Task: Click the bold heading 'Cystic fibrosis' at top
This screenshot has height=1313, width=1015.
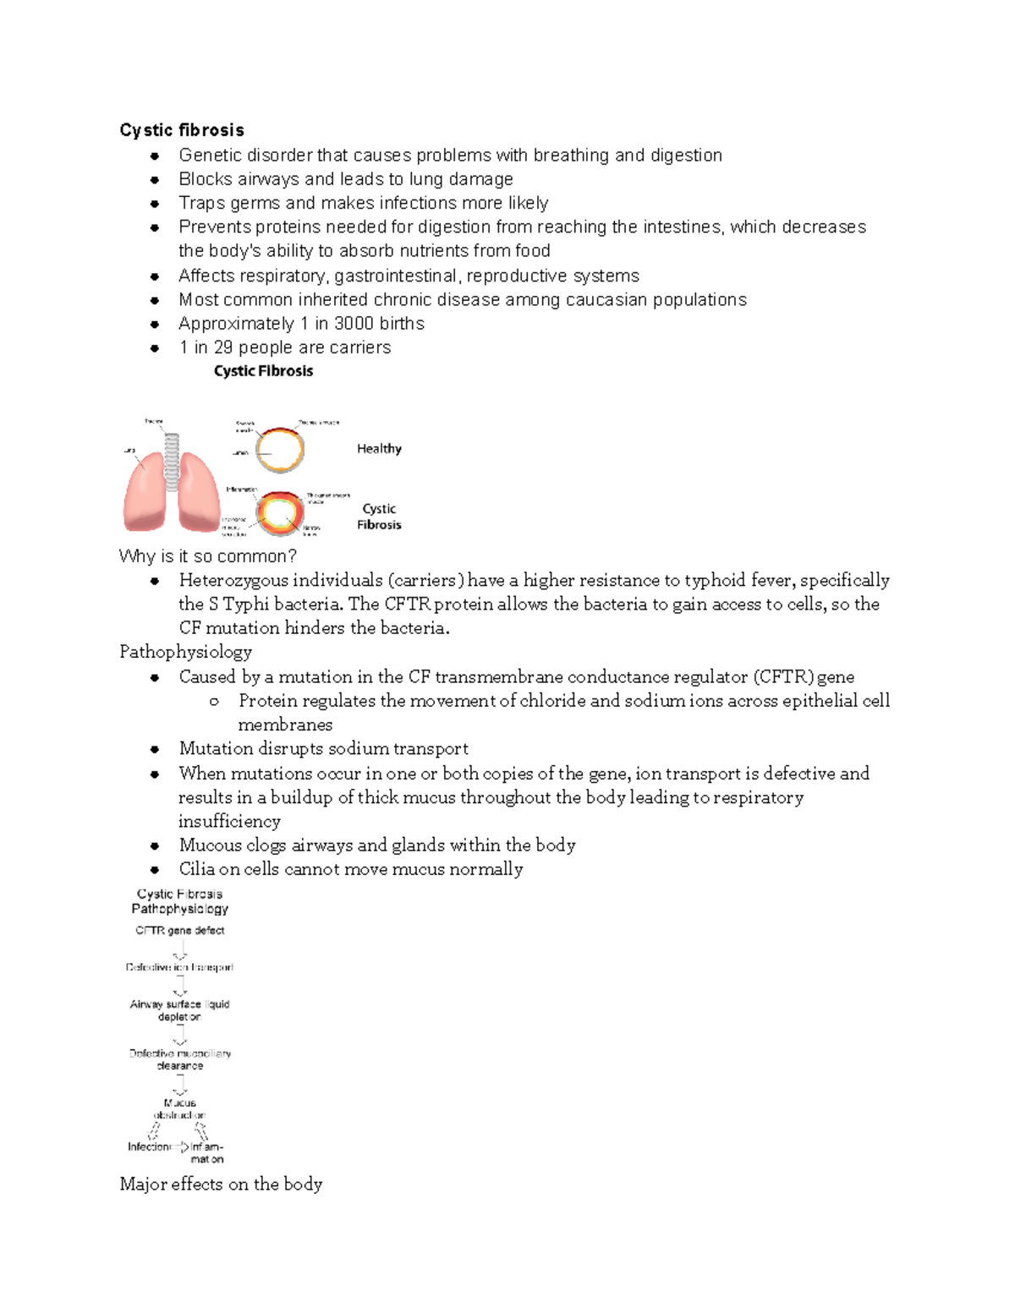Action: (182, 130)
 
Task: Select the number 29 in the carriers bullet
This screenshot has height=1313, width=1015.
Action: (222, 347)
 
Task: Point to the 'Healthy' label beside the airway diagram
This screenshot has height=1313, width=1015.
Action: (379, 449)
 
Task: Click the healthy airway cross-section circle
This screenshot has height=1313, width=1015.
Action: (280, 450)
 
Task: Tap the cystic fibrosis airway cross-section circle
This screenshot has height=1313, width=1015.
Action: (280, 513)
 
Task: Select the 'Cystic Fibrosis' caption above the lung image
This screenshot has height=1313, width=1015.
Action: (263, 371)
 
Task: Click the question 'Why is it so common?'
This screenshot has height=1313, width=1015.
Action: (208, 556)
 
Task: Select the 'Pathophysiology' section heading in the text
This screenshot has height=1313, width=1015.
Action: (185, 652)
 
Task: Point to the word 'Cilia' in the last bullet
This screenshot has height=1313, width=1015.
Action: (196, 869)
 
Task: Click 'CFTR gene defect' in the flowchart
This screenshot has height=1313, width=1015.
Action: (179, 930)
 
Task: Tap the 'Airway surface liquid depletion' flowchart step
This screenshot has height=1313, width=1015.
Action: (179, 1010)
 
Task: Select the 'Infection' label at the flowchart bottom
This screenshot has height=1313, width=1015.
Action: (149, 1147)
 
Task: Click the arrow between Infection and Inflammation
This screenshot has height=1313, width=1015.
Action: (180, 1147)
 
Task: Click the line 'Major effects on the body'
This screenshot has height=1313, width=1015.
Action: (221, 1184)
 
